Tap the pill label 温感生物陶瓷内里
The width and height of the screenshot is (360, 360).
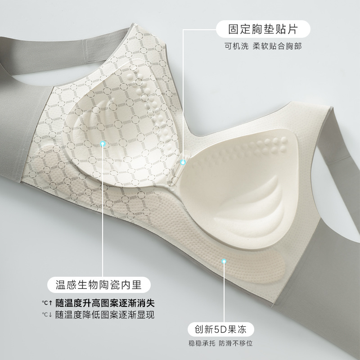point(98,285)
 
